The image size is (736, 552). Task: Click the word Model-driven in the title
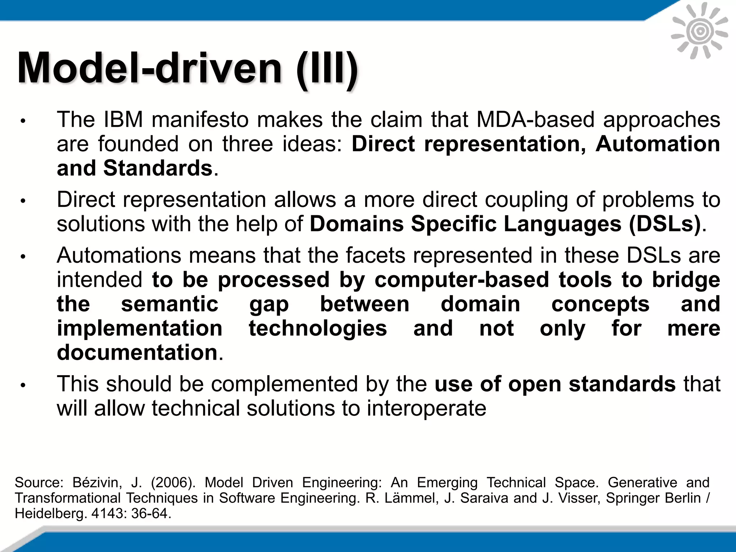click(x=149, y=68)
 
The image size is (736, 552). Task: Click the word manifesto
click(x=200, y=120)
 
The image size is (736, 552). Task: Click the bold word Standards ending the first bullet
click(x=158, y=168)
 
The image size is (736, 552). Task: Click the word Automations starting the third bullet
click(x=119, y=256)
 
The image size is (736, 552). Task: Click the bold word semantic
click(x=170, y=304)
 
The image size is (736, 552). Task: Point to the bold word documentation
click(x=137, y=353)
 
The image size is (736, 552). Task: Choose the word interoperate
click(x=426, y=409)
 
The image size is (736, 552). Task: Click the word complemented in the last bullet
click(x=284, y=384)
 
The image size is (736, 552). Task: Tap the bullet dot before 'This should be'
click(x=23, y=386)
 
